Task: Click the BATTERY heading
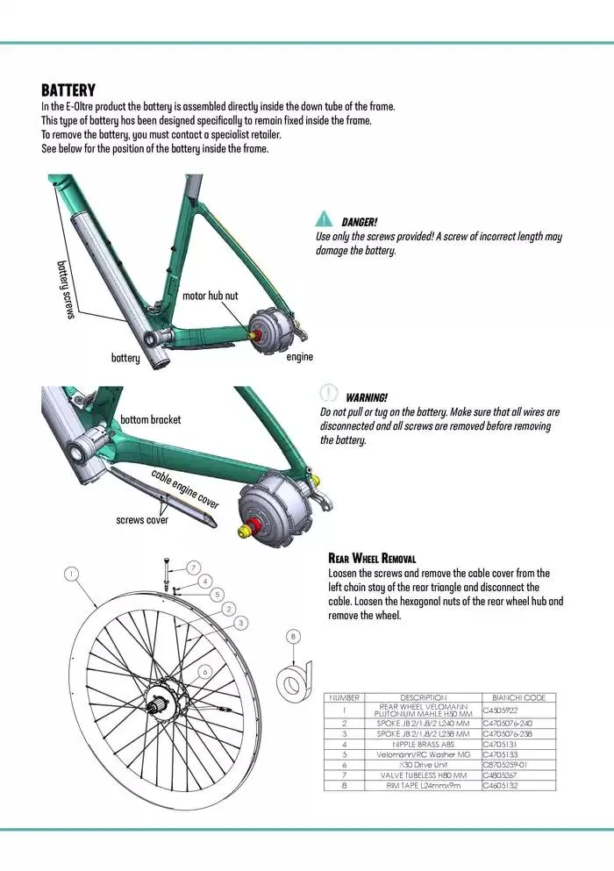(x=68, y=90)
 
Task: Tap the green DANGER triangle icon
(x=325, y=219)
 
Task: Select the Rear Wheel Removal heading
(x=372, y=558)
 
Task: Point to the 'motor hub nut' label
(x=210, y=296)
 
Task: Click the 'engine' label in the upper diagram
(x=300, y=357)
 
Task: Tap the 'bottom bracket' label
(x=150, y=419)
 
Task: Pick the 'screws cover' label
(x=142, y=520)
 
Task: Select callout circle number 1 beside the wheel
(x=71, y=574)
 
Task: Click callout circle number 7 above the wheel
(x=193, y=567)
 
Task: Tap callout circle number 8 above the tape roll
(x=294, y=636)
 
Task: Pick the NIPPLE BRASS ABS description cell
(x=411, y=744)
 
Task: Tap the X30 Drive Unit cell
(x=411, y=765)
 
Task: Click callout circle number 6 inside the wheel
(x=204, y=671)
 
